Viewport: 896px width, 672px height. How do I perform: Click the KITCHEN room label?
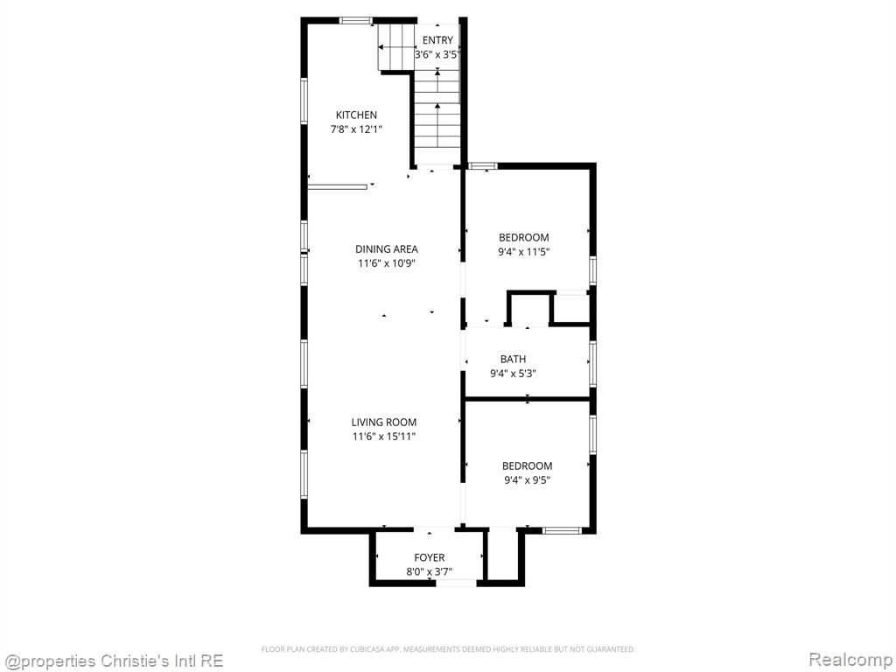point(356,115)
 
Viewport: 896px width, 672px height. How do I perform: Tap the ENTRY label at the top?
point(437,40)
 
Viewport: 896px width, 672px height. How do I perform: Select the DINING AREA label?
point(386,249)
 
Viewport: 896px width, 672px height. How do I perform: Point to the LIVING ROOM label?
point(384,423)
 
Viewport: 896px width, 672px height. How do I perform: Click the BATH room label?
point(513,359)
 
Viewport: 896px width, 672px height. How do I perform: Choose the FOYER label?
point(429,557)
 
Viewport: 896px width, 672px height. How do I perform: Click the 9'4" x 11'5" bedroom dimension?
point(524,252)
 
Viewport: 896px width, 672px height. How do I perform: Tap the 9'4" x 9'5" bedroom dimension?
point(527,480)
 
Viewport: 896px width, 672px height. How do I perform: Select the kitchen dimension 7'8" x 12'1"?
point(356,129)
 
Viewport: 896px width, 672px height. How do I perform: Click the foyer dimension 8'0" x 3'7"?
point(429,571)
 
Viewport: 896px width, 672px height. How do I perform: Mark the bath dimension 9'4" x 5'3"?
point(513,374)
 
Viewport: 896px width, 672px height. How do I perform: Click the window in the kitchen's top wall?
point(356,21)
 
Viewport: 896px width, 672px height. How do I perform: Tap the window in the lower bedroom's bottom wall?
point(562,531)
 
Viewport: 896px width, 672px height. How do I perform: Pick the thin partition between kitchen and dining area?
point(337,186)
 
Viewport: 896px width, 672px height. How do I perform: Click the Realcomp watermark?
point(850,660)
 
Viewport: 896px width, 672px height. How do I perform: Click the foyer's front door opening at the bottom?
point(456,583)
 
